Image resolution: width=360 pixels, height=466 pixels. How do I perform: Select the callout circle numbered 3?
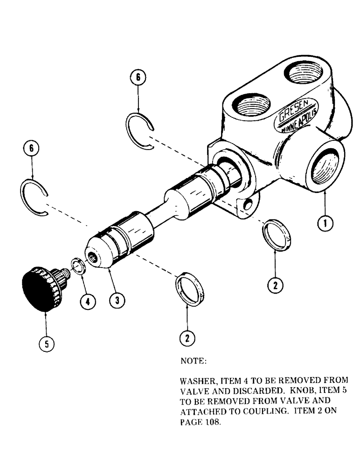coord(117,301)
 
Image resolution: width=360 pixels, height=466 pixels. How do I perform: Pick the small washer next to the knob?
coord(77,269)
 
